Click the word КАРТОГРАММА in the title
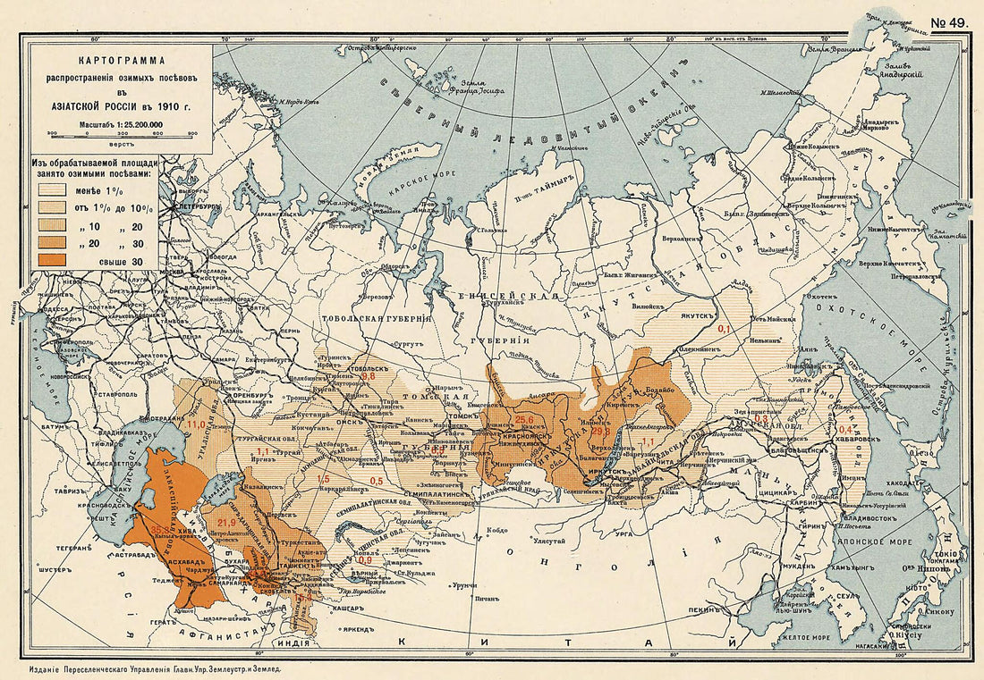point(122,63)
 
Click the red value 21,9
point(225,521)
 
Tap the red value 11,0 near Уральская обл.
point(195,424)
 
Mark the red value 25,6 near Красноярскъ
point(524,420)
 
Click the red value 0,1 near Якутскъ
point(725,330)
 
